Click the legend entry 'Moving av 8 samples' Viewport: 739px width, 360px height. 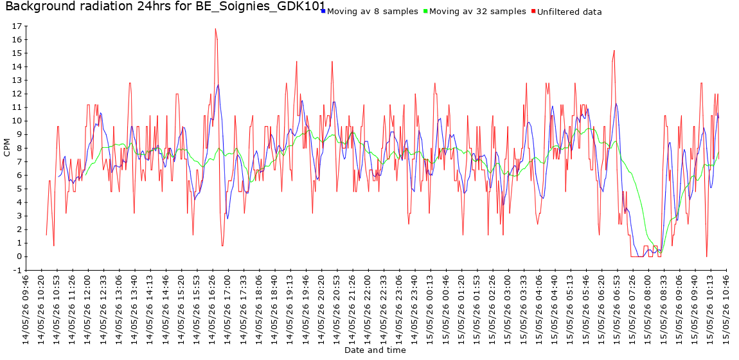pos(372,12)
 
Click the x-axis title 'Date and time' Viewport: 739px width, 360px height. pos(375,350)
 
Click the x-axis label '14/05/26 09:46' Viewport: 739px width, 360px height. pos(26,308)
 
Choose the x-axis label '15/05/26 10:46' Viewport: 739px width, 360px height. pos(726,308)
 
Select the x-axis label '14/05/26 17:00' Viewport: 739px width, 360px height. pos(228,308)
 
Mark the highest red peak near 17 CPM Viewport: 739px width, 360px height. pos(215,29)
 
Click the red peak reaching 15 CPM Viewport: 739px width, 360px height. pos(614,50)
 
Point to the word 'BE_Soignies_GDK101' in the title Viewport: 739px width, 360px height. pos(261,6)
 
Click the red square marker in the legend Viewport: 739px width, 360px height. pos(533,10)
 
